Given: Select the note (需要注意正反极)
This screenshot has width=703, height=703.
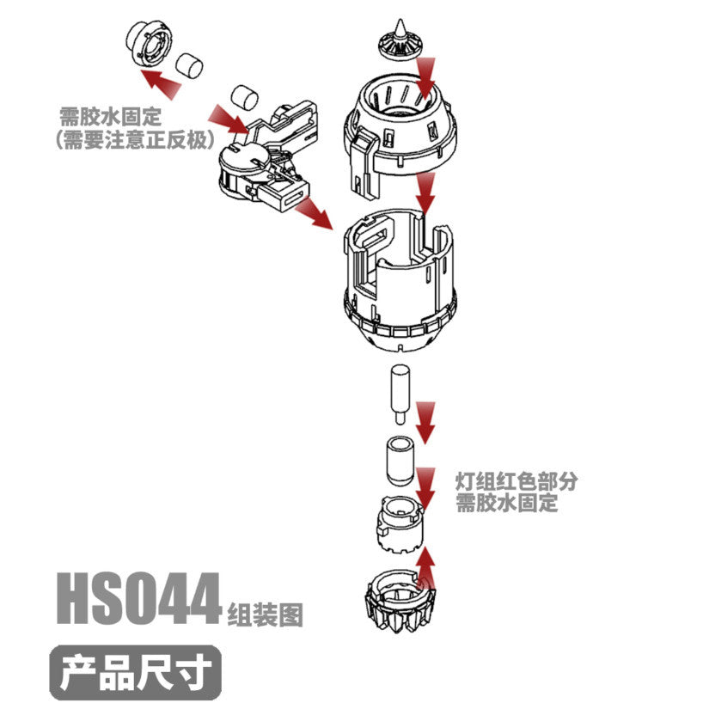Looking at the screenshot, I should pyautogui.click(x=133, y=139).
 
